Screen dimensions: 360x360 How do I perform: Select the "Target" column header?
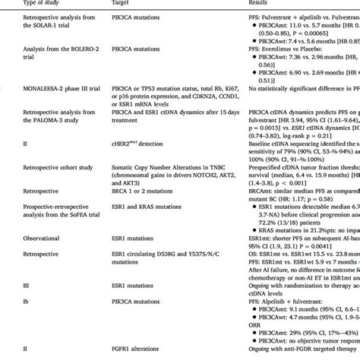click(x=122, y=3)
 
